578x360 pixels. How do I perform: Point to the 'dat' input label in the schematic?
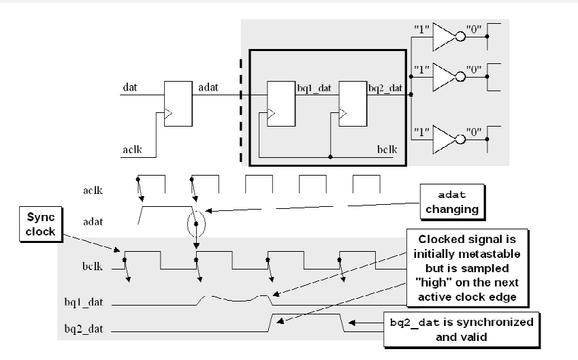(x=129, y=88)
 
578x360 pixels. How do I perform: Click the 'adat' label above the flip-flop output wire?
(x=208, y=88)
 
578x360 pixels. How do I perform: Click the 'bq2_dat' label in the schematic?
(x=385, y=88)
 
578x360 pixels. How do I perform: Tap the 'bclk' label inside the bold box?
(x=387, y=148)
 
